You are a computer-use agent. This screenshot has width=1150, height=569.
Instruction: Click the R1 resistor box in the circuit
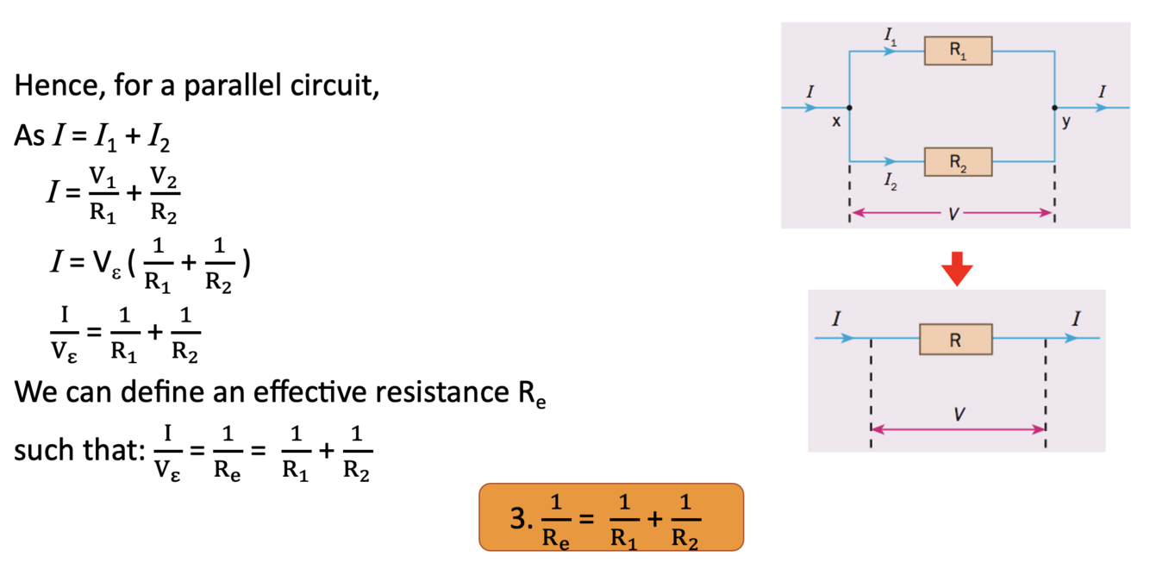tap(958, 51)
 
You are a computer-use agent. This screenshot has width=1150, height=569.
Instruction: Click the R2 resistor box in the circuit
tap(958, 161)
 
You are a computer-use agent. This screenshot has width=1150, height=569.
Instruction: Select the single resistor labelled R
tap(955, 340)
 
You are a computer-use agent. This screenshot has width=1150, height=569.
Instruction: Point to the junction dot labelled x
tap(850, 108)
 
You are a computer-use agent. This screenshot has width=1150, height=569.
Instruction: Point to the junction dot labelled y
tap(1054, 108)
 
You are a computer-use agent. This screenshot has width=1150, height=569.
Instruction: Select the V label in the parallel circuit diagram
tap(952, 214)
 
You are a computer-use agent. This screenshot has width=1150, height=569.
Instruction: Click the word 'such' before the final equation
tap(41, 451)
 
